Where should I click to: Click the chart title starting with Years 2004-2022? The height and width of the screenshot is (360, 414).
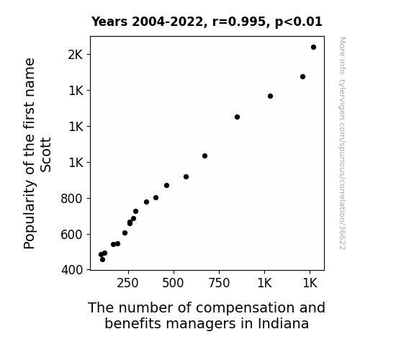pyautogui.click(x=207, y=22)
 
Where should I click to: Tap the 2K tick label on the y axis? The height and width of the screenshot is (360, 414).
pyautogui.click(x=76, y=55)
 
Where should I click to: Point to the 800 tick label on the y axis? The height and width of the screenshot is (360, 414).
pyautogui.click(x=71, y=198)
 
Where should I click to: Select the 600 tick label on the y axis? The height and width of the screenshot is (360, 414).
pyautogui.click(x=71, y=234)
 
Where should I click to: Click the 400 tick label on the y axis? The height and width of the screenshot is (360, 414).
pyautogui.click(x=72, y=270)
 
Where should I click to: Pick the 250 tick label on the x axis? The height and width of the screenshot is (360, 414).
pyautogui.click(x=127, y=283)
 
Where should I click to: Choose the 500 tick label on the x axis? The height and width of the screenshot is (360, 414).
pyautogui.click(x=173, y=283)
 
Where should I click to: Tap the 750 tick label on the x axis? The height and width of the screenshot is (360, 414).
pyautogui.click(x=219, y=283)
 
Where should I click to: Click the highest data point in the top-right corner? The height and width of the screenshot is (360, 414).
pyautogui.click(x=313, y=48)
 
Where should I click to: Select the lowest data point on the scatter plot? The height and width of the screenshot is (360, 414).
pyautogui.click(x=102, y=260)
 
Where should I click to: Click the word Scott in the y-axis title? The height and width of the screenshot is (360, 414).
pyautogui.click(x=45, y=155)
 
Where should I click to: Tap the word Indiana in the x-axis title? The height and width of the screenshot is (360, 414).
pyautogui.click(x=283, y=323)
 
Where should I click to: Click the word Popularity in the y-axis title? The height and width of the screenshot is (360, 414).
pyautogui.click(x=30, y=215)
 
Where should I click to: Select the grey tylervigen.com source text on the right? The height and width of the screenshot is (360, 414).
pyautogui.click(x=342, y=143)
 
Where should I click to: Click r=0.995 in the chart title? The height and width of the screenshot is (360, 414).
pyautogui.click(x=239, y=22)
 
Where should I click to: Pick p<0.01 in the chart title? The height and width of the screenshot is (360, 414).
pyautogui.click(x=299, y=22)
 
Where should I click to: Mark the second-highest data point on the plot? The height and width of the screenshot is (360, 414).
pyautogui.click(x=302, y=76)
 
